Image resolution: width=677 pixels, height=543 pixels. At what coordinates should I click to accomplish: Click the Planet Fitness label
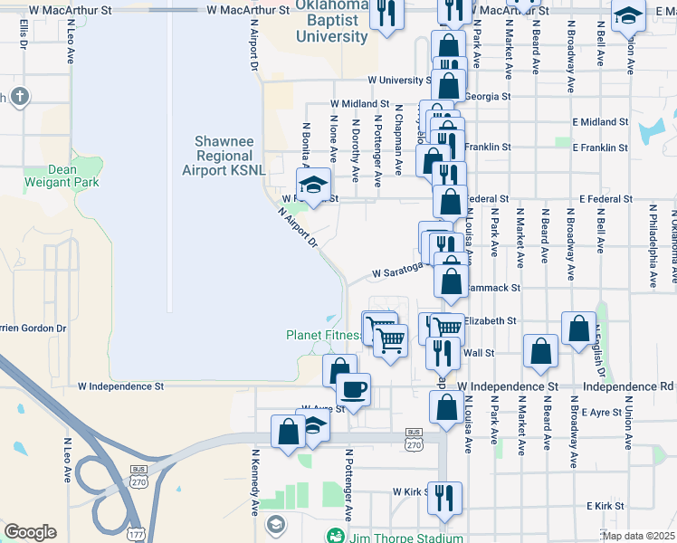(323, 335)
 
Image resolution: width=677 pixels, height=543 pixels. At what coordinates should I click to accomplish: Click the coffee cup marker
(354, 388)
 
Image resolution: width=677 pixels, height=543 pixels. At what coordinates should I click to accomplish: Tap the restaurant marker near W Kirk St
(444, 496)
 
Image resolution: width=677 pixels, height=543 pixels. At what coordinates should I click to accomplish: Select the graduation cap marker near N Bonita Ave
(313, 185)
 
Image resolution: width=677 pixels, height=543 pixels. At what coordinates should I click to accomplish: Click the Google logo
(30, 532)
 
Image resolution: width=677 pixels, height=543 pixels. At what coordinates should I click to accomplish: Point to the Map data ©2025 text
(638, 536)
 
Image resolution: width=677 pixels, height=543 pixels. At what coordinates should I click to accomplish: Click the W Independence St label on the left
(120, 386)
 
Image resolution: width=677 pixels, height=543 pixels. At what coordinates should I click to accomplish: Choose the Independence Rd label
(629, 386)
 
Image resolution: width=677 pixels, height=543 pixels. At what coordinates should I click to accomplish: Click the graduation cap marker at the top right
(627, 15)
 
